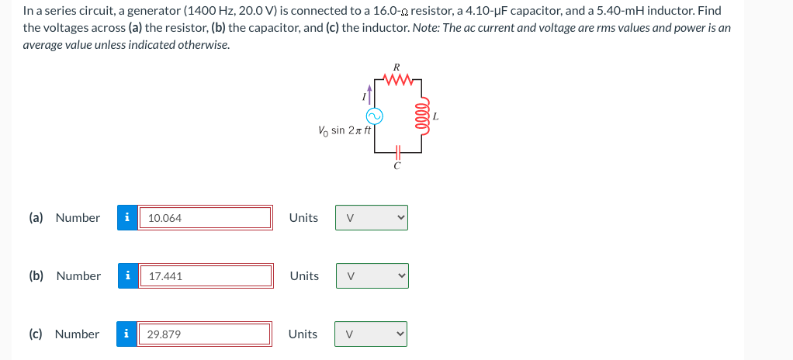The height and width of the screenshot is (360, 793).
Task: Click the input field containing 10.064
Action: tap(206, 218)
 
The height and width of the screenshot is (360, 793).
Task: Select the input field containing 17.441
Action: tap(206, 275)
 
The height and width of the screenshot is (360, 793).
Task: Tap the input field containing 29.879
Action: tap(206, 334)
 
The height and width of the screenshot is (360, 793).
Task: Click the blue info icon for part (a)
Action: tap(127, 218)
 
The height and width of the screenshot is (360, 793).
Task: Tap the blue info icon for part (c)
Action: tap(127, 334)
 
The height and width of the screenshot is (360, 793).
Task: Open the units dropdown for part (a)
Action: tap(372, 218)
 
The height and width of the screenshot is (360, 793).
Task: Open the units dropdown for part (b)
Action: tap(372, 275)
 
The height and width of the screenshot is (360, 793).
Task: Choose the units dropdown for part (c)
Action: tap(372, 334)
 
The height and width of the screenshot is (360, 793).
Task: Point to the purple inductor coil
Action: tap(424, 116)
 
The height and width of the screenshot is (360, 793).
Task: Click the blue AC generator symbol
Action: tap(373, 116)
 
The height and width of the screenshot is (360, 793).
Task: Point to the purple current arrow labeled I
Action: tap(371, 94)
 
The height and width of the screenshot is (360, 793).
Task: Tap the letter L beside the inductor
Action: tap(436, 117)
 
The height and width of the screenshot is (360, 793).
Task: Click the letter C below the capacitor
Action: tap(396, 164)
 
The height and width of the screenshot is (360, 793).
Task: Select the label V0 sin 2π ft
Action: tap(341, 130)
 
